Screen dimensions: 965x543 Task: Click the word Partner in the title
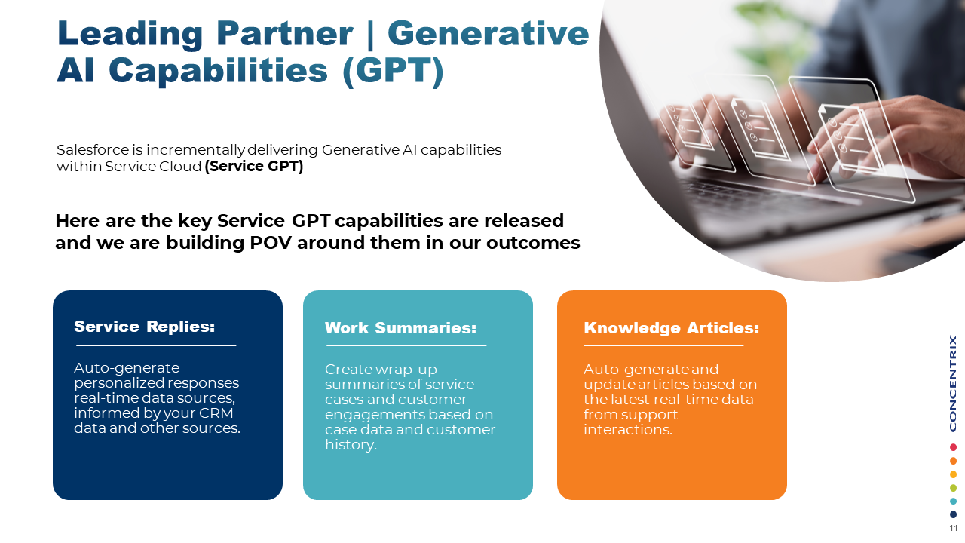tap(284, 33)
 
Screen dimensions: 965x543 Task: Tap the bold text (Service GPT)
tap(254, 167)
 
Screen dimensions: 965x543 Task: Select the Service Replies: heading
tap(144, 327)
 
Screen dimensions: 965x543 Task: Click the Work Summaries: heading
tap(400, 328)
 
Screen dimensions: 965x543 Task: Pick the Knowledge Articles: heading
tap(671, 328)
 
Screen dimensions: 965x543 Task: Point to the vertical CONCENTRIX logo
tap(953, 384)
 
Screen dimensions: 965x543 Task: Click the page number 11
tap(954, 529)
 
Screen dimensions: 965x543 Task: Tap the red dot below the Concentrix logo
tap(953, 447)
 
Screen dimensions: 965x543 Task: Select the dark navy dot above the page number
tap(953, 514)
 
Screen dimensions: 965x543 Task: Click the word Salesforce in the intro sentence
tap(93, 150)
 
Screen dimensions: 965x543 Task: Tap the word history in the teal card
tap(351, 445)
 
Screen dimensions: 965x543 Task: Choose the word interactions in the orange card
tap(628, 430)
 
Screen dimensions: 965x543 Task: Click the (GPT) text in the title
tap(394, 71)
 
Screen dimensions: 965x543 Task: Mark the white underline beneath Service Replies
tap(156, 345)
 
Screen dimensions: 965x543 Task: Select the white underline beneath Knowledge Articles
tap(663, 345)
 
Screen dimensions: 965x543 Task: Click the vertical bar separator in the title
tap(370, 35)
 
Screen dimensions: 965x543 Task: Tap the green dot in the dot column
tap(953, 488)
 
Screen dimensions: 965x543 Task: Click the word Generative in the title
tap(488, 33)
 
